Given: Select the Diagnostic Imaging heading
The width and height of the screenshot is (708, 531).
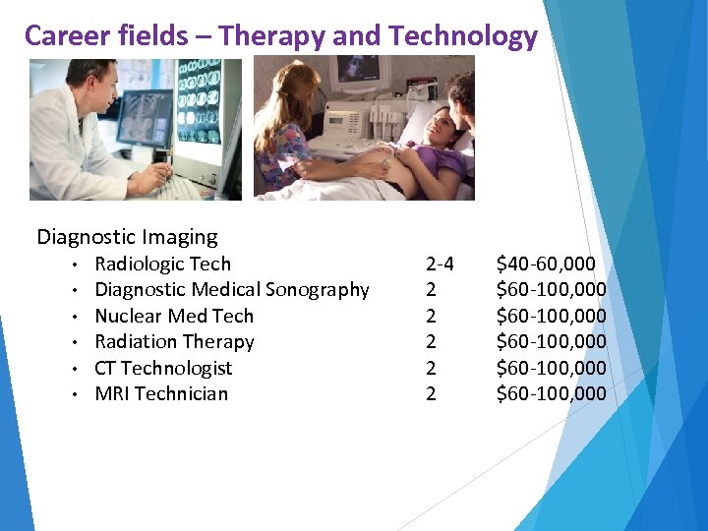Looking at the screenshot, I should (x=127, y=237).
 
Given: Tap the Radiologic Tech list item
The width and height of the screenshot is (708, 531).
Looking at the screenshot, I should (x=162, y=264).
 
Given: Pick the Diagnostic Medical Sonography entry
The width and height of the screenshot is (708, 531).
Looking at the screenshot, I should (x=231, y=290).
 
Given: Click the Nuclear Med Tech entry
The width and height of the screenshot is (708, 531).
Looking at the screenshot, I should (x=173, y=316).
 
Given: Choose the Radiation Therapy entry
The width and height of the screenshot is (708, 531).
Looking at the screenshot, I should (x=174, y=342).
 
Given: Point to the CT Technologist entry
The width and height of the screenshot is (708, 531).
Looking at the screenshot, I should (x=163, y=368).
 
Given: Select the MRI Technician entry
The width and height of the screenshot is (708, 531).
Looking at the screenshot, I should (x=160, y=394).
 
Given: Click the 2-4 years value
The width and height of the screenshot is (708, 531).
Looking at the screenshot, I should (x=439, y=264).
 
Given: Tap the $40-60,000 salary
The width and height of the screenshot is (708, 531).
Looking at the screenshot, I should (x=545, y=264).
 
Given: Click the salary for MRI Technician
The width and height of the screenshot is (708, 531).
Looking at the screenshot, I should (x=551, y=394).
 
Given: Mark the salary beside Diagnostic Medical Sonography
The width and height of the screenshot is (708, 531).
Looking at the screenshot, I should (x=551, y=290).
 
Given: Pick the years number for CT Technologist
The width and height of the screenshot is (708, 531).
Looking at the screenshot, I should (x=431, y=368).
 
